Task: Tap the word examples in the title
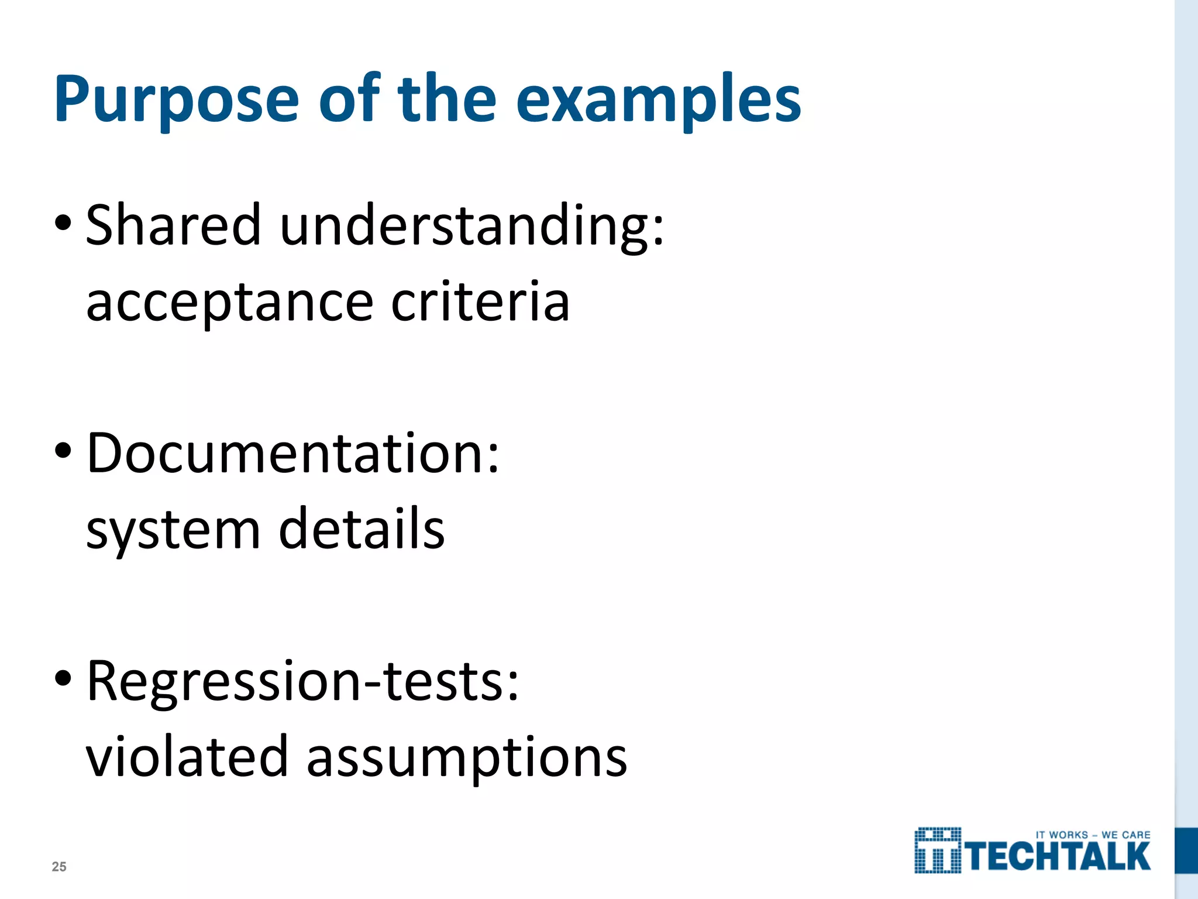tap(658, 99)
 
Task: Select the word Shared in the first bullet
tap(173, 225)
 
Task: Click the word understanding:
tap(472, 226)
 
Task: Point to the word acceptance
tap(229, 303)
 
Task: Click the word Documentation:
tap(293, 454)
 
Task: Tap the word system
tap(173, 530)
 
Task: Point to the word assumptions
tap(467, 758)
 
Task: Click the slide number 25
tap(59, 867)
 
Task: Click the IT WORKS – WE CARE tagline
tap(1093, 835)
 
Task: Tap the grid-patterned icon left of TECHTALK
tap(938, 850)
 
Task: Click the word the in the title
tap(447, 99)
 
